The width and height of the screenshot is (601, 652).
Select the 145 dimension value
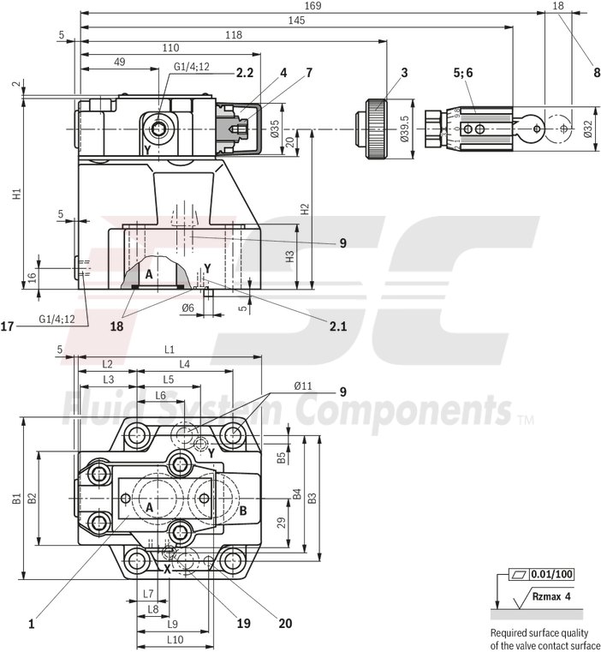[x=297, y=20]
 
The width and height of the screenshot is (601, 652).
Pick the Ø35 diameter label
[x=275, y=128]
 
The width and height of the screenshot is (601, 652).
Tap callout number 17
[x=8, y=326]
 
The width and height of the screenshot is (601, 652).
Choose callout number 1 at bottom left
[x=32, y=625]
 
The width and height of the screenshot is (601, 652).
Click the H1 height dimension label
[x=15, y=194]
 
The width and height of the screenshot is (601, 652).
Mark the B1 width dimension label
[x=15, y=498]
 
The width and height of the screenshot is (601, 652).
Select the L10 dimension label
[x=175, y=639]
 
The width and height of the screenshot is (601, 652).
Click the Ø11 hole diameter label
[x=303, y=386]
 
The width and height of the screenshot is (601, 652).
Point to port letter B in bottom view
[x=242, y=511]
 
